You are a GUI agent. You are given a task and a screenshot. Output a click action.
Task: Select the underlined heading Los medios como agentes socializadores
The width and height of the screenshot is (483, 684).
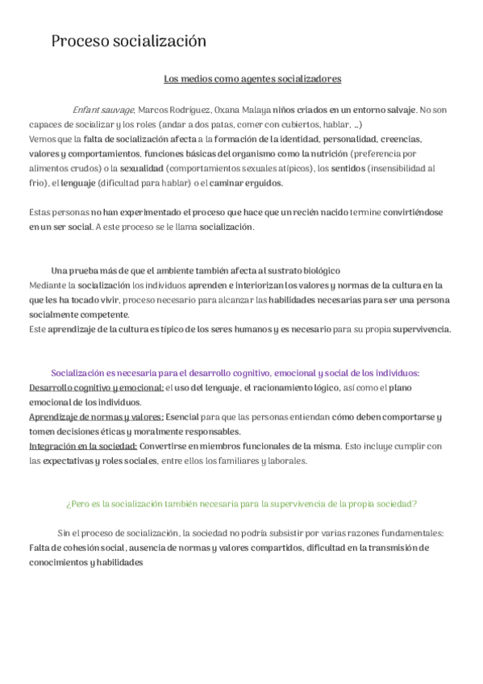(252, 79)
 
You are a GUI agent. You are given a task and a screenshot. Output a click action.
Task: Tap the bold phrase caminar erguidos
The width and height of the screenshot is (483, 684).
(246, 183)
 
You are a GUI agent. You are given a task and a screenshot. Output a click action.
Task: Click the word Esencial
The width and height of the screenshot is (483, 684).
(182, 417)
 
